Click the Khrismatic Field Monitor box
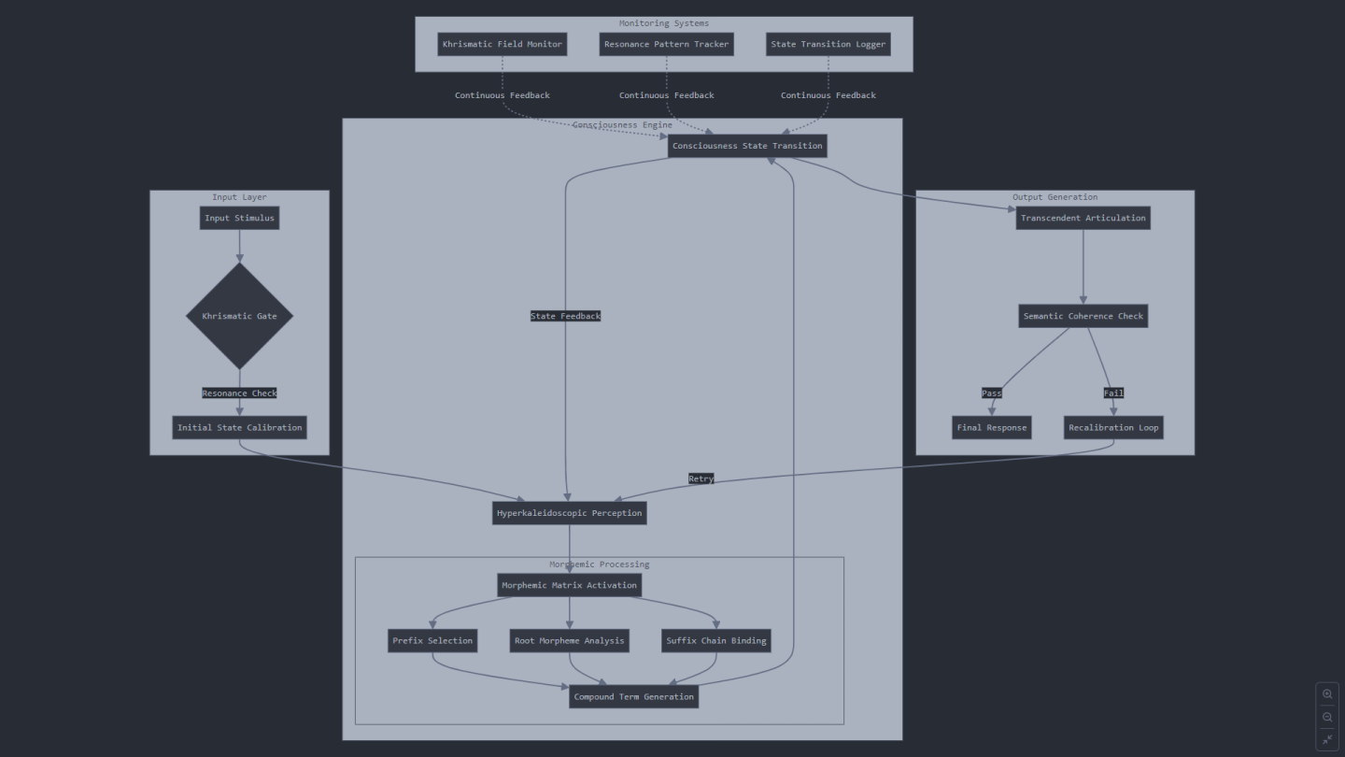pos(502,45)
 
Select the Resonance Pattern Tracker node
pos(667,45)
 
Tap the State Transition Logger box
pos(828,45)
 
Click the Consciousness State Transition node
pos(747,146)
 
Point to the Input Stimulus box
pos(239,218)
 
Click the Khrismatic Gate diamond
pos(239,316)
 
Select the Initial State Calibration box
pos(239,428)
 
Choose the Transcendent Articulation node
pos(1083,218)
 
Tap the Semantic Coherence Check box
pos(1083,316)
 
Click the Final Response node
pos(992,428)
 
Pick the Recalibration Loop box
pos(1113,428)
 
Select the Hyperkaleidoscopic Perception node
pos(569,513)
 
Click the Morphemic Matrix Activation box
pos(569,585)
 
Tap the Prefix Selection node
pos(432,641)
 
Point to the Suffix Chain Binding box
pos(716,641)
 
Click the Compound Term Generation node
pos(634,697)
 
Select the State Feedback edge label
pos(566,316)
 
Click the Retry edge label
pos(701,478)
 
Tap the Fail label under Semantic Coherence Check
pos(1113,393)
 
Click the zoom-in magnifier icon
pos(1327,694)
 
